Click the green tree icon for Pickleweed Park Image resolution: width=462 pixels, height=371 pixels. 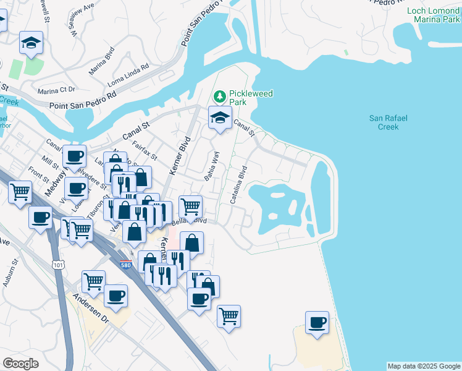click(x=219, y=97)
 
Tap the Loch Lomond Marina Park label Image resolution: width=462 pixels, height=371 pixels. click(x=433, y=15)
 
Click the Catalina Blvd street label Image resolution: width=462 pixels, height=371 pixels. click(x=238, y=185)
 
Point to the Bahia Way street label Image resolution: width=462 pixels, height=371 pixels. click(x=212, y=167)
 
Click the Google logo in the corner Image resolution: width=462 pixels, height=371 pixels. click(x=20, y=363)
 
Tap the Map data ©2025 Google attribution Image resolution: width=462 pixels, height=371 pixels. click(x=423, y=366)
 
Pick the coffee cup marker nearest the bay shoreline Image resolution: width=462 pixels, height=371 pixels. click(x=317, y=322)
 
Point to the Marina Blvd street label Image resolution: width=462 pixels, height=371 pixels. click(x=101, y=62)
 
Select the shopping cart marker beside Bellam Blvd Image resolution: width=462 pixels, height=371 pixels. click(x=190, y=206)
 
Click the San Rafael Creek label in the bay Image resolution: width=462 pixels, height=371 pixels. click(x=388, y=122)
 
